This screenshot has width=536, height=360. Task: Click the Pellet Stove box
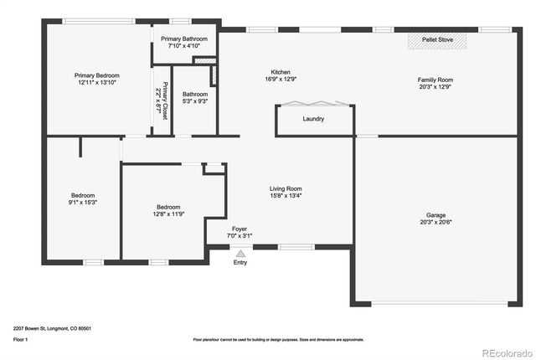[x=439, y=39]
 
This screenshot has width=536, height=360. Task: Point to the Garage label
[x=436, y=215]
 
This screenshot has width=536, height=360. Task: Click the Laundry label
[x=313, y=119]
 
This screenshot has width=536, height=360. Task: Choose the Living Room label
[x=286, y=193]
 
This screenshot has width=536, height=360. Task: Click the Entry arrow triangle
[x=241, y=252]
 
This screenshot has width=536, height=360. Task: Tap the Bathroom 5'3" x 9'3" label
[x=195, y=98]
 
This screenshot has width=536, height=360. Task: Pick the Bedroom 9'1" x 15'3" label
[x=83, y=198]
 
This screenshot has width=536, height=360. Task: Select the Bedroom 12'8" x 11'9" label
[x=168, y=210]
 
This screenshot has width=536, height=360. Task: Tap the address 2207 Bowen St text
[x=52, y=328]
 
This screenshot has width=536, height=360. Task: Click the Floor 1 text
[x=21, y=340]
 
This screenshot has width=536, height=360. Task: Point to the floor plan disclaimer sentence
[x=278, y=340]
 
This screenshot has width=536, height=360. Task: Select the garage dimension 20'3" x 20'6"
[x=436, y=222]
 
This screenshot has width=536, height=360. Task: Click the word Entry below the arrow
[x=240, y=263]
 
